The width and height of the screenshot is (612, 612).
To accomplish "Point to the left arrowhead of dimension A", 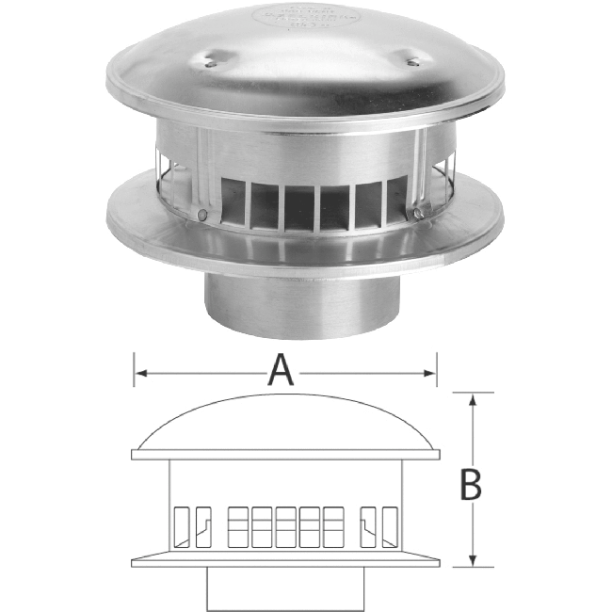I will pyautogui.click(x=139, y=374).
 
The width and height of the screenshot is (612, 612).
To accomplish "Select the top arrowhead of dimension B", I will pyautogui.click(x=474, y=399).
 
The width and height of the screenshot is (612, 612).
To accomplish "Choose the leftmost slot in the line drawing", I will pyautogui.click(x=179, y=527).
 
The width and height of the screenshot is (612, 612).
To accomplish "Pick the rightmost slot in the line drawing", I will pyautogui.click(x=390, y=527).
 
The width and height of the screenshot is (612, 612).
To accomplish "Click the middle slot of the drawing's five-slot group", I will pyautogui.click(x=285, y=527).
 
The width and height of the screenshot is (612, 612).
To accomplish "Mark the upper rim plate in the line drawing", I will pyautogui.click(x=285, y=455).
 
